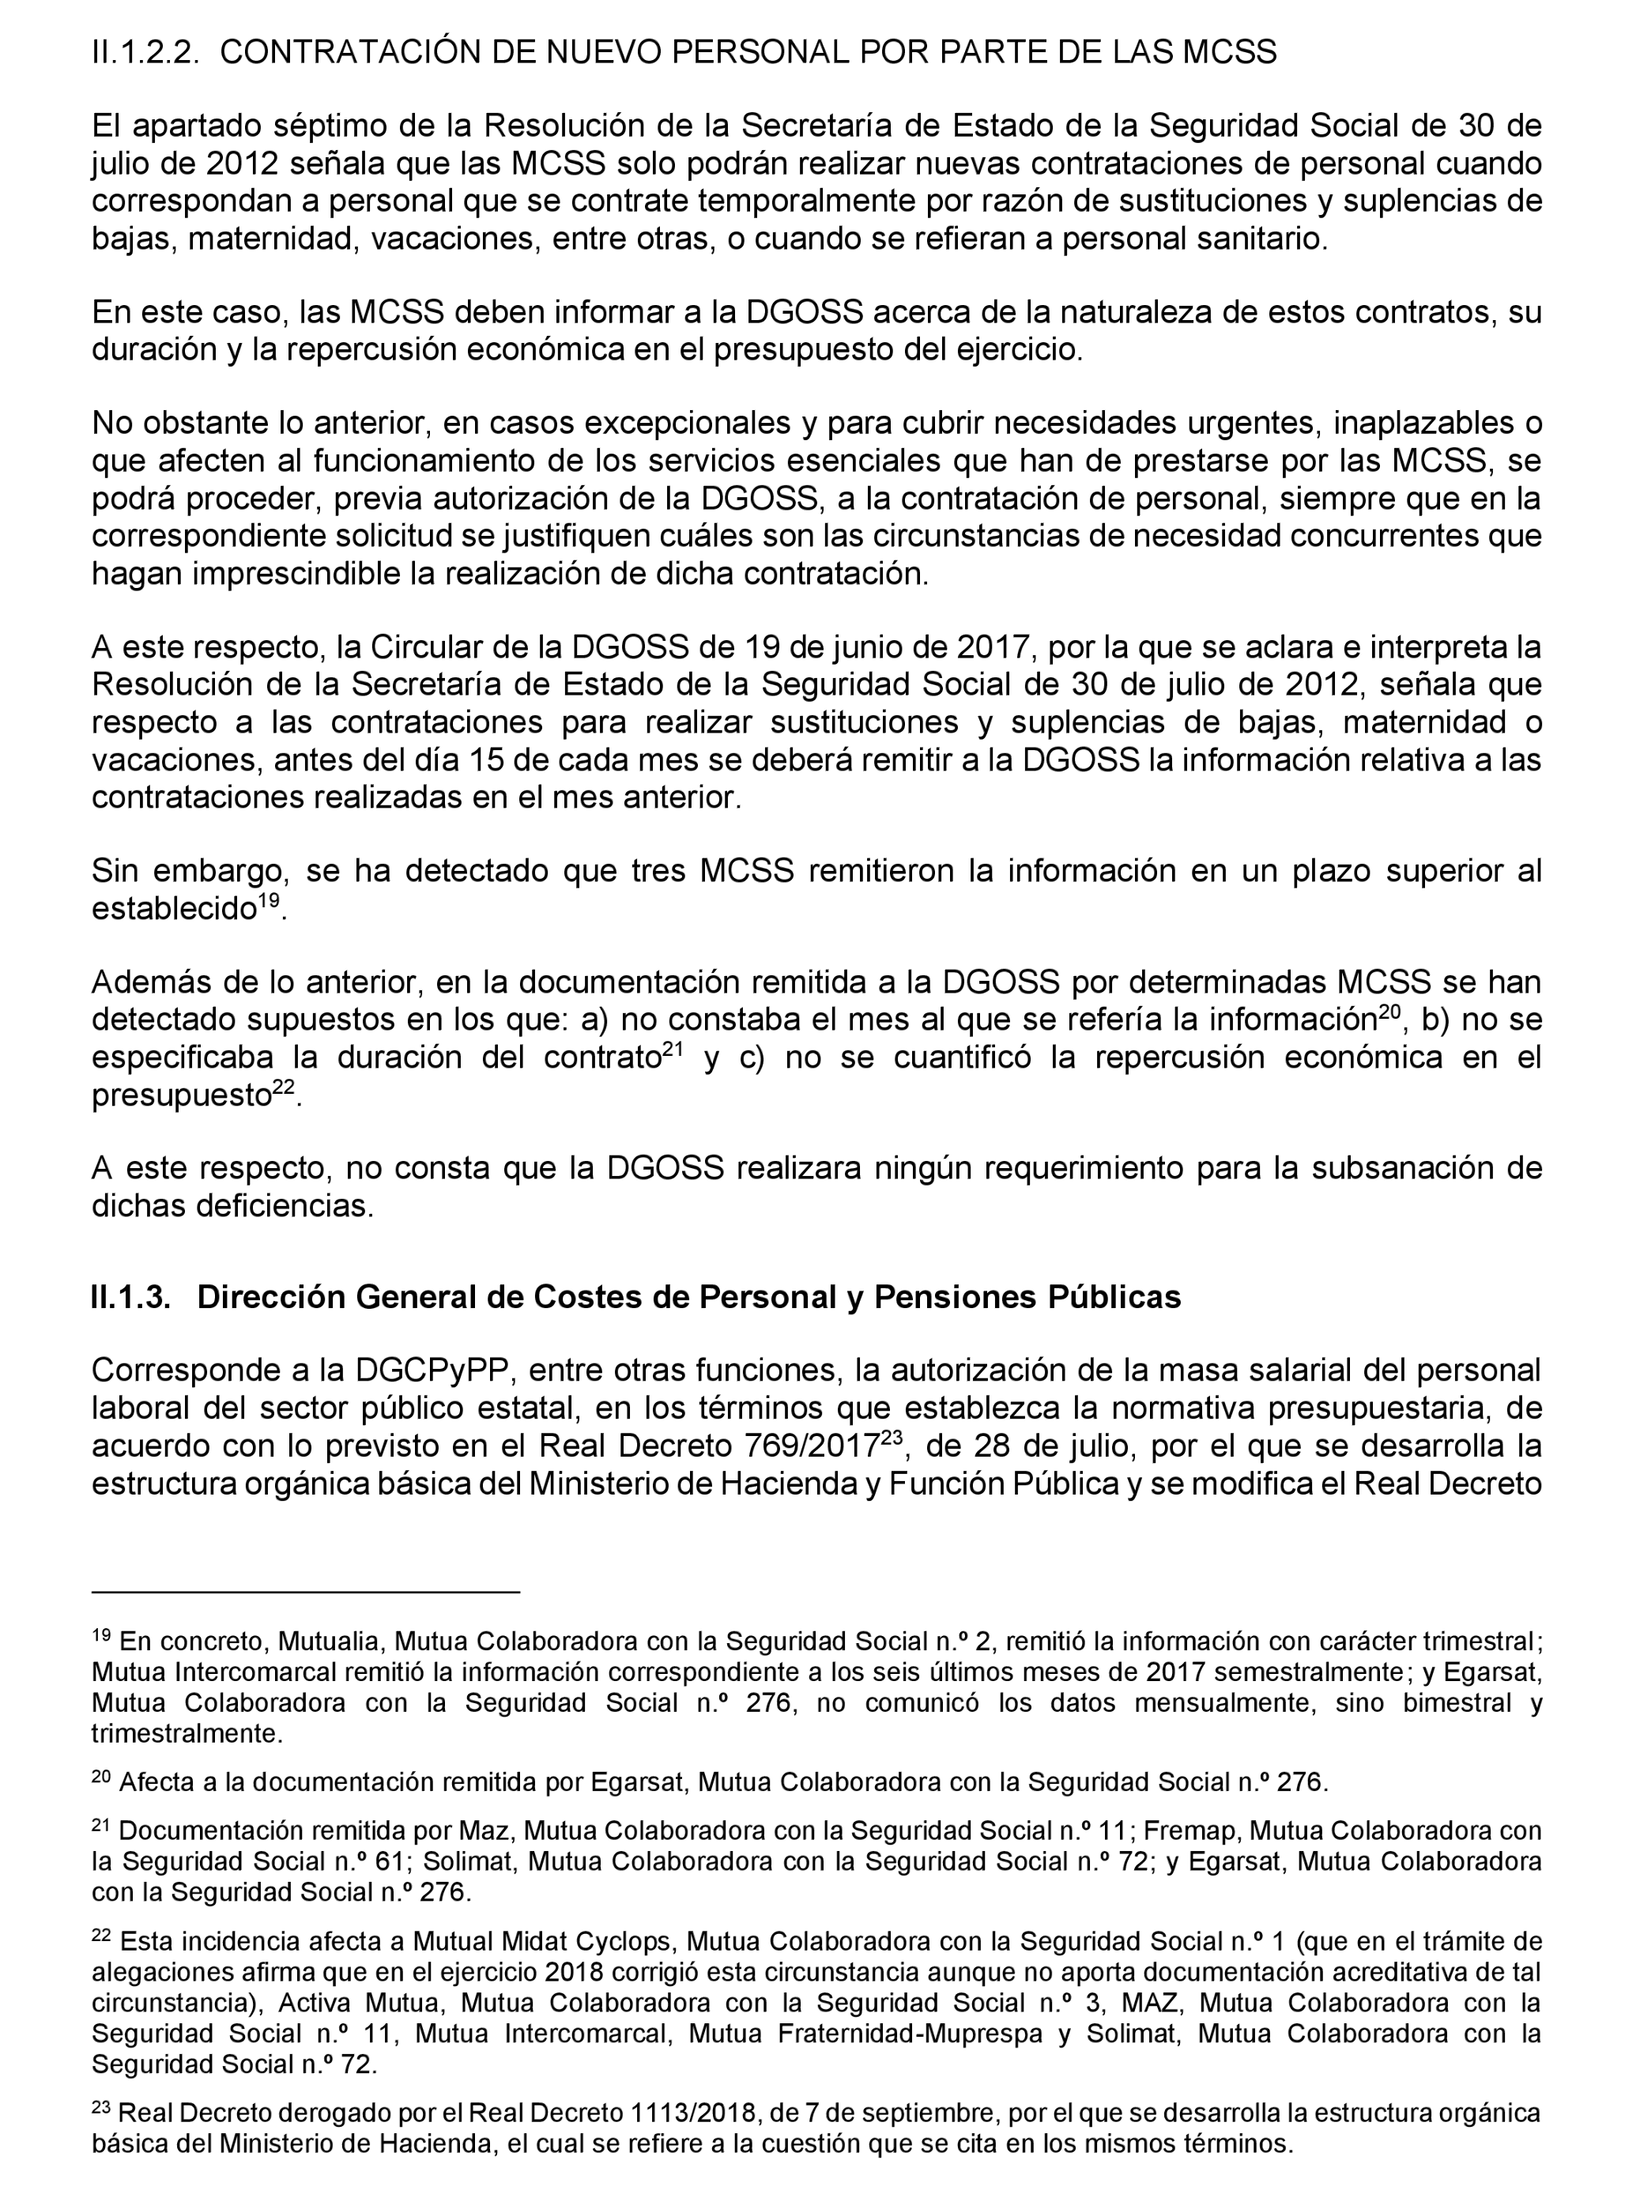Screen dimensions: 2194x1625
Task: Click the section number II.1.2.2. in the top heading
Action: click(145, 51)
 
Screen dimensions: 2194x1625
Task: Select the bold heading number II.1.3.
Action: click(130, 1297)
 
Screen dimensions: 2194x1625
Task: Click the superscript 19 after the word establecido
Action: click(270, 900)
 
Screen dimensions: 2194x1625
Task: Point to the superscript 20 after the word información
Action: click(1388, 1011)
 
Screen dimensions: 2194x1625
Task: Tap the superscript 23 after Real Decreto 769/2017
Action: click(892, 1437)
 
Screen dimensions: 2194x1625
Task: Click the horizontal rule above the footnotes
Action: click(305, 1590)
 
